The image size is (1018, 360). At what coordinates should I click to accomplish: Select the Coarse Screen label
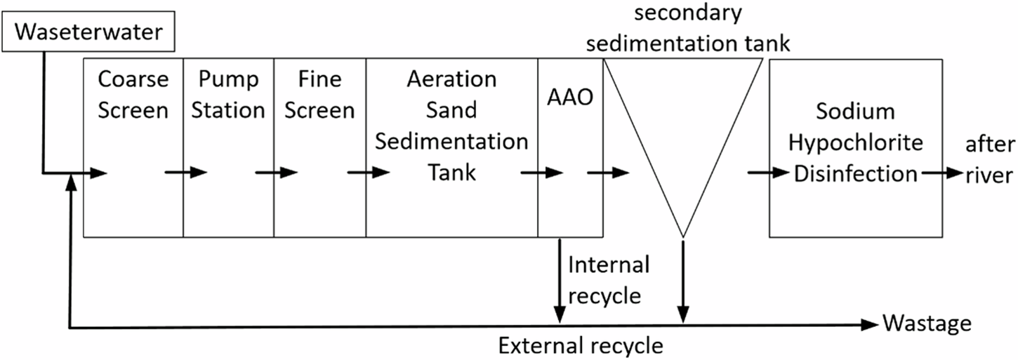(x=133, y=95)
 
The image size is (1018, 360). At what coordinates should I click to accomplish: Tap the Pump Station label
(x=229, y=95)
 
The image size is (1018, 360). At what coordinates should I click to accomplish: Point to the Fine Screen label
(x=320, y=95)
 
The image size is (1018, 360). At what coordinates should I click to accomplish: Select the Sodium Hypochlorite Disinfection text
(x=855, y=142)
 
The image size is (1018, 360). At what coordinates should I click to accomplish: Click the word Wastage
(x=927, y=324)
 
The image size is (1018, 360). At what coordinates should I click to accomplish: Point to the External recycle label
(x=580, y=345)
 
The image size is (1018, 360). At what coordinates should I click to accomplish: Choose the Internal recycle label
(x=608, y=280)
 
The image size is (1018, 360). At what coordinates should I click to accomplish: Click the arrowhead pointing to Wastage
(x=871, y=324)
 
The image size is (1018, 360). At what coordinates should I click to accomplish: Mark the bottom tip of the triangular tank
(x=682, y=236)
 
